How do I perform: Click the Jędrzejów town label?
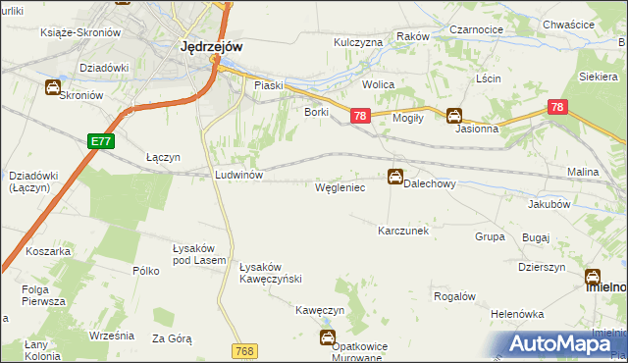tap(212, 45)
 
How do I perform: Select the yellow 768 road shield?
tap(245, 350)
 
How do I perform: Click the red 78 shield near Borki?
tap(359, 117)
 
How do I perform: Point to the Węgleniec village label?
tap(340, 185)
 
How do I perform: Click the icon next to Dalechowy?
tap(394, 177)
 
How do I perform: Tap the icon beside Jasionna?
tap(453, 115)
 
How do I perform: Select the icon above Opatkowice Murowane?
tap(327, 338)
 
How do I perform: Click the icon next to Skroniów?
tap(51, 88)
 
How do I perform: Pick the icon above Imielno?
tap(594, 277)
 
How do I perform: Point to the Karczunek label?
tap(403, 231)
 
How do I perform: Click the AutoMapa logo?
tap(561, 342)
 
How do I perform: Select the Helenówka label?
tap(517, 314)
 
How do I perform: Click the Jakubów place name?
tap(549, 205)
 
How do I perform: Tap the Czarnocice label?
tap(477, 30)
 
